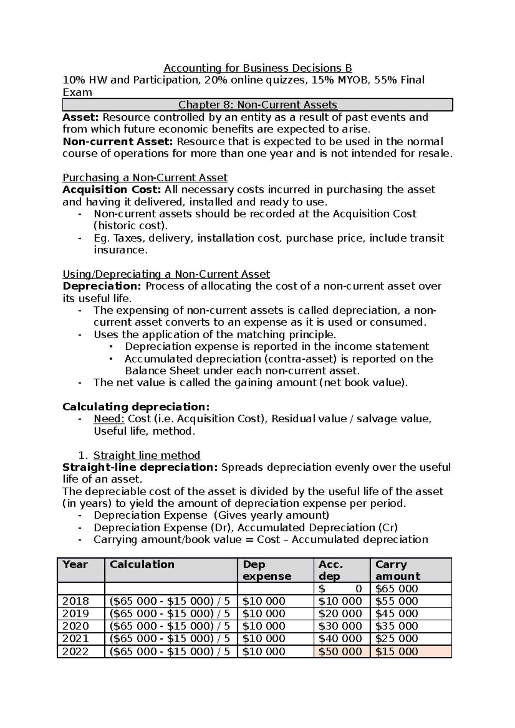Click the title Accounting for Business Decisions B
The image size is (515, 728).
pyautogui.click(x=257, y=68)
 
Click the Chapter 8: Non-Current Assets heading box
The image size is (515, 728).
pyautogui.click(x=257, y=105)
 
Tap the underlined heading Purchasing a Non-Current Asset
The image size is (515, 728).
pyautogui.click(x=145, y=177)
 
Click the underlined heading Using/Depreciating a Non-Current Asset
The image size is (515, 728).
pyautogui.click(x=166, y=274)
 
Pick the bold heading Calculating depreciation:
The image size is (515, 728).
pyautogui.click(x=136, y=406)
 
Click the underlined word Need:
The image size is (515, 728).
pyautogui.click(x=109, y=419)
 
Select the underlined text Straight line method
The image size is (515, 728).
pyautogui.click(x=147, y=455)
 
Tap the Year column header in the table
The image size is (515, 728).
pyautogui.click(x=76, y=565)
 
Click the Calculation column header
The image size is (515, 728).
pyautogui.click(x=142, y=565)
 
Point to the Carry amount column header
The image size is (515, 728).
pyautogui.click(x=397, y=570)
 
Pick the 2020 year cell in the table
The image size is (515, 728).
pyautogui.click(x=76, y=626)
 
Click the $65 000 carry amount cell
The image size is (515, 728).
pyautogui.click(x=397, y=589)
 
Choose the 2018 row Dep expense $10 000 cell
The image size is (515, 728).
pyautogui.click(x=264, y=601)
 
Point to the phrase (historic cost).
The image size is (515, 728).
pyautogui.click(x=131, y=226)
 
